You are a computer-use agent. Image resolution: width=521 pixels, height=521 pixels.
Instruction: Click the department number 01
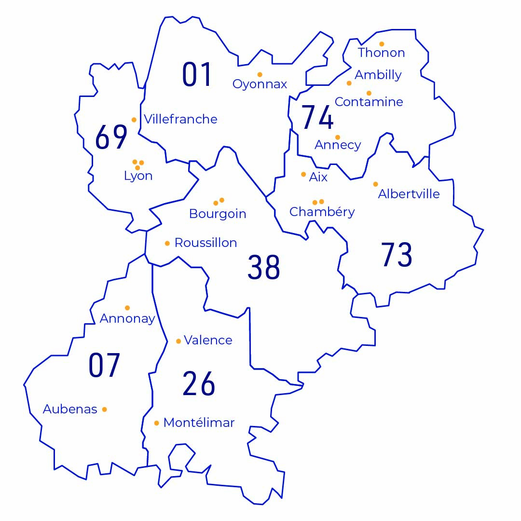[x=197, y=75]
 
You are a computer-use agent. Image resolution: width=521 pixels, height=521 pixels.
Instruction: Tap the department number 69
[x=111, y=137]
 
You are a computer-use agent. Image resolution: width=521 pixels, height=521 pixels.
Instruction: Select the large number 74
[x=317, y=117]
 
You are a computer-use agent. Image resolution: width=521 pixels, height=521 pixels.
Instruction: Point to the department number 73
[x=397, y=255]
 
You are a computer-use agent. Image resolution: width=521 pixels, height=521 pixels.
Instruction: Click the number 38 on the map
[x=263, y=267]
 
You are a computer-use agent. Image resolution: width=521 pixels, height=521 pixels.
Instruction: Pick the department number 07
[x=104, y=365]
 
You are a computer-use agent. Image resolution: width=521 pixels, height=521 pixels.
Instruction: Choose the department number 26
[x=199, y=384]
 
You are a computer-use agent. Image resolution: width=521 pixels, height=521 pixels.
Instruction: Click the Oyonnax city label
[x=260, y=84]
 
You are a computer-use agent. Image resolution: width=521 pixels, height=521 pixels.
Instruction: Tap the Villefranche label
[x=180, y=119]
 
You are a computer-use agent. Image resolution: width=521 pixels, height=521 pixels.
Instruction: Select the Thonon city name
[x=381, y=53]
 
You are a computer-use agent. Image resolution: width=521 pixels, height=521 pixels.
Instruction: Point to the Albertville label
[x=409, y=194]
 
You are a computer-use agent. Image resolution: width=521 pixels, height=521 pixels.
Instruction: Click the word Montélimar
[x=199, y=423]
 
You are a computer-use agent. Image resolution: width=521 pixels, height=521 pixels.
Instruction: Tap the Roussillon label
[x=206, y=243]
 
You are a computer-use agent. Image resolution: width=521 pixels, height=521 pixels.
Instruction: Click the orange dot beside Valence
[x=178, y=341]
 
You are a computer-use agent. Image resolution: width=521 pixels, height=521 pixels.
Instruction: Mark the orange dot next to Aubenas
[x=104, y=410]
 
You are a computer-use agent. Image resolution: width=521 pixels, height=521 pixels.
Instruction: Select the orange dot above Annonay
[x=127, y=308]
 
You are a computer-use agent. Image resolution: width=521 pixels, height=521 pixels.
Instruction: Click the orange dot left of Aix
[x=303, y=174]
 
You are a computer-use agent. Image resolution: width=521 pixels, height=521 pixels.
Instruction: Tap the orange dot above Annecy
[x=338, y=137]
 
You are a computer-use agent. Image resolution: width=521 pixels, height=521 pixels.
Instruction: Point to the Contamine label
[x=369, y=102]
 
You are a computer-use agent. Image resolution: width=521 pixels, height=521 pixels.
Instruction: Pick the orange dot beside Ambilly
[x=349, y=83]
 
